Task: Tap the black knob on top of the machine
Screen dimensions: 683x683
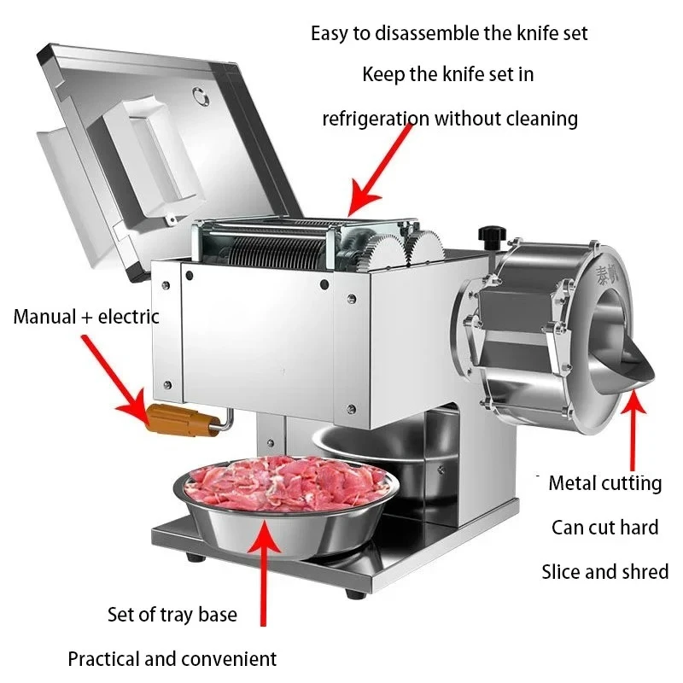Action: pos(492,234)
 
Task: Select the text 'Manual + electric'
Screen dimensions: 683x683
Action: pos(86,317)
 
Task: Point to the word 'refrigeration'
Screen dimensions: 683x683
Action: pos(376,118)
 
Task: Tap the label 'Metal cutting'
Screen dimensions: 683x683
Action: pos(604,483)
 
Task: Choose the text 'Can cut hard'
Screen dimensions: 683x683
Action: pos(604,527)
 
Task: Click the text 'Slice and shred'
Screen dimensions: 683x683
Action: pos(604,571)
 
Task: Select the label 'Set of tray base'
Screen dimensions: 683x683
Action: pos(172,614)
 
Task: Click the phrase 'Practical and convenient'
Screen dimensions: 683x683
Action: pos(172,658)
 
